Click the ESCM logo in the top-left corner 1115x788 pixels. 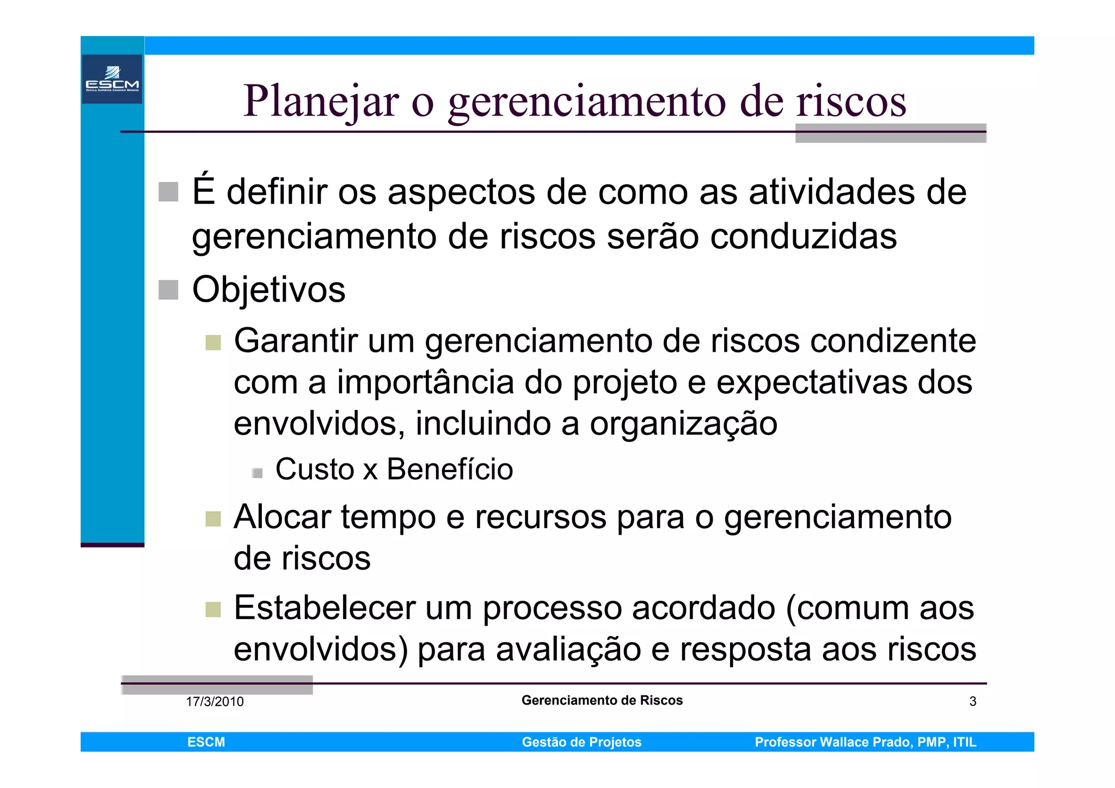pos(112,79)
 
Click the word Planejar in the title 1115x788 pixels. pos(321,102)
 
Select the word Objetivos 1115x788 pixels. pos(269,290)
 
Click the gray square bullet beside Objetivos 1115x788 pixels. pos(168,290)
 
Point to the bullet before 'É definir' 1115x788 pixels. pos(168,192)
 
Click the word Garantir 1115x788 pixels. pos(296,341)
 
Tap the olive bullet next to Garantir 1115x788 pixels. pos(213,343)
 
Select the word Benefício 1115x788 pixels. pos(450,469)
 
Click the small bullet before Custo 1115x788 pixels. pos(258,473)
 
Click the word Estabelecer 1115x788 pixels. pos(324,608)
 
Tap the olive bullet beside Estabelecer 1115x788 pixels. pos(213,609)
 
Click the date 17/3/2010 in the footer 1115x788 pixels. pos(215,701)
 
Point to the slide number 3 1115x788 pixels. pos(972,701)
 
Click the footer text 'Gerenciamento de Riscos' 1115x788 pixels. pos(602,700)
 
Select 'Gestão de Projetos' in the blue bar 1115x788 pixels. pos(581,742)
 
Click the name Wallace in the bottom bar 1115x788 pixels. pos(844,742)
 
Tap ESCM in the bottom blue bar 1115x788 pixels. pos(206,742)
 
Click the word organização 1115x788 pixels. pos(683,424)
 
